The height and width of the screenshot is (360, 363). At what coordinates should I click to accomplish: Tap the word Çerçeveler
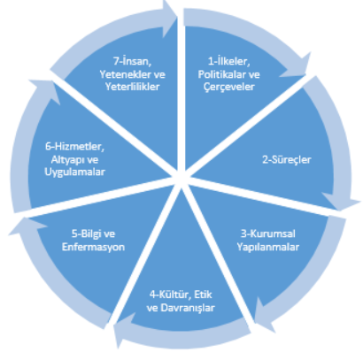pyautogui.click(x=229, y=87)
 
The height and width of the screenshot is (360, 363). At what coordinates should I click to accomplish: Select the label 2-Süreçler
pyautogui.click(x=287, y=160)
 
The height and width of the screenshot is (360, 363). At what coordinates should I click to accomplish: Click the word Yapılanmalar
pyautogui.click(x=268, y=247)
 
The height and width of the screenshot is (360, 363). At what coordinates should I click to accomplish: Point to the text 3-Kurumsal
pyautogui.click(x=268, y=234)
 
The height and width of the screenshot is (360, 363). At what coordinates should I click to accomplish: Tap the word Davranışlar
pyautogui.click(x=188, y=308)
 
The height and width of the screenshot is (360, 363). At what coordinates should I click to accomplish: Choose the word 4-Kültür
pyautogui.click(x=171, y=295)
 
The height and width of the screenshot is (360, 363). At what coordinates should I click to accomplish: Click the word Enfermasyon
pyautogui.click(x=93, y=247)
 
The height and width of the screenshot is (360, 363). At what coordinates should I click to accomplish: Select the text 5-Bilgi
pyautogui.click(x=84, y=234)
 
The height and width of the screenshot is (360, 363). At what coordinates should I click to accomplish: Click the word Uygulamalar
pyautogui.click(x=74, y=172)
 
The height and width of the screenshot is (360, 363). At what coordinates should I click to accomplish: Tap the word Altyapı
pyautogui.click(x=66, y=160)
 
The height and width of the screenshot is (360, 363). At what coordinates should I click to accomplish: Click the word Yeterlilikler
pyautogui.click(x=133, y=87)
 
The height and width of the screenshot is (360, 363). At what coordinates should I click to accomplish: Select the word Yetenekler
pyautogui.click(x=124, y=74)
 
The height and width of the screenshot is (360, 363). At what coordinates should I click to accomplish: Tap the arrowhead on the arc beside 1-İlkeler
pyautogui.click(x=297, y=67)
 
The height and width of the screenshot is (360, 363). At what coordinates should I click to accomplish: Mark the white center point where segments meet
pyautogui.click(x=181, y=176)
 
